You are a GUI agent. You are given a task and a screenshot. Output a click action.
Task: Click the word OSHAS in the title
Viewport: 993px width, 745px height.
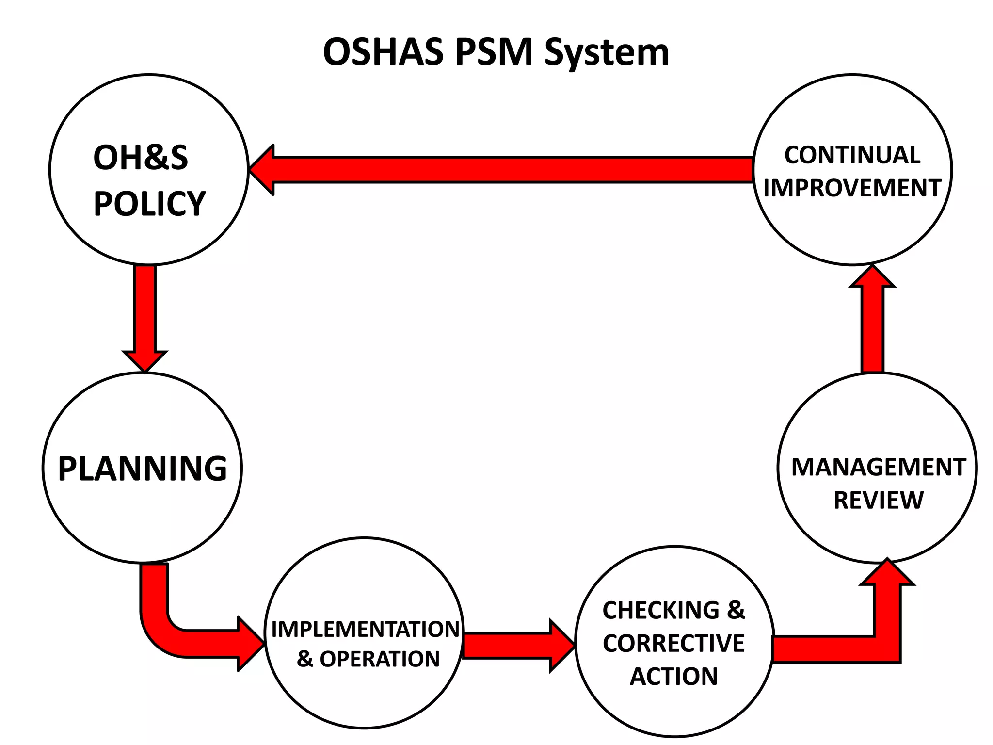pyautogui.click(x=383, y=52)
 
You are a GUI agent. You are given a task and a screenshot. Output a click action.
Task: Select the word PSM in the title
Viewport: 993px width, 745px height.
pyautogui.click(x=494, y=52)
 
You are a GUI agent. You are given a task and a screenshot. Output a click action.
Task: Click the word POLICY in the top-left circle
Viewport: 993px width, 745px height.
pyautogui.click(x=150, y=204)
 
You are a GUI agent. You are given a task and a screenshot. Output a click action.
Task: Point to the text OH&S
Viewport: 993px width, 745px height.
pyautogui.click(x=141, y=158)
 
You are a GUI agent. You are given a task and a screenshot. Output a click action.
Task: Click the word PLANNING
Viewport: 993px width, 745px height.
pyautogui.click(x=143, y=469)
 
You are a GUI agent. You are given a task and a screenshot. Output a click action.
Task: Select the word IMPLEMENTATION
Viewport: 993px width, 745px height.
pyautogui.click(x=365, y=629)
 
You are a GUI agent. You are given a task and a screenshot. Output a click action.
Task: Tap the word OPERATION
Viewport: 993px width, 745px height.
pyautogui.click(x=379, y=659)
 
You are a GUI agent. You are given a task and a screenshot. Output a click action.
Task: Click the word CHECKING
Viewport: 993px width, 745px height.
pyautogui.click(x=661, y=610)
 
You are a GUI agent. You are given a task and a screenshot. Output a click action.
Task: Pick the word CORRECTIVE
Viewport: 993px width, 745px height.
pyautogui.click(x=673, y=644)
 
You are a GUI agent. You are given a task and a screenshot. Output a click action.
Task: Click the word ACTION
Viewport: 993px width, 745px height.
pyautogui.click(x=673, y=676)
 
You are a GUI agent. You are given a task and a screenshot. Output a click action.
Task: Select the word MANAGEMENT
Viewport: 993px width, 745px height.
pyautogui.click(x=879, y=467)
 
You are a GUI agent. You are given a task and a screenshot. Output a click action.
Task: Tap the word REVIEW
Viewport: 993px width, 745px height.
pyautogui.click(x=879, y=500)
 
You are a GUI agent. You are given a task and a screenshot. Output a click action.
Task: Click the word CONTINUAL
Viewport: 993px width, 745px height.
pyautogui.click(x=852, y=155)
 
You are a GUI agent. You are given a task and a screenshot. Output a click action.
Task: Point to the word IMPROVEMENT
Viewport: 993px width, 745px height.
pyautogui.click(x=852, y=188)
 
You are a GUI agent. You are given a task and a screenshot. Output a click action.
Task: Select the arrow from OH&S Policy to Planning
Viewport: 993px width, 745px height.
pyautogui.click(x=145, y=315)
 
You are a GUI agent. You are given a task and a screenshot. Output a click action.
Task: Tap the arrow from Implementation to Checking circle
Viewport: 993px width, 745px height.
pyautogui.click(x=514, y=646)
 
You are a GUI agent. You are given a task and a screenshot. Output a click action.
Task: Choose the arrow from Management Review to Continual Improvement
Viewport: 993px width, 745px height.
pyautogui.click(x=872, y=325)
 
